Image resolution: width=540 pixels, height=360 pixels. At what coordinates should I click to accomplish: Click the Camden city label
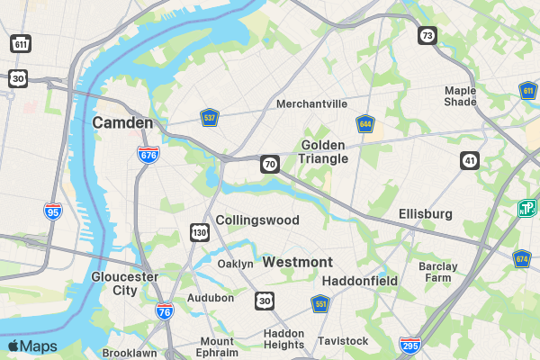click(121, 121)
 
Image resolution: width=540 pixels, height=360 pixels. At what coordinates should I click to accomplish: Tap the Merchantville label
click(311, 103)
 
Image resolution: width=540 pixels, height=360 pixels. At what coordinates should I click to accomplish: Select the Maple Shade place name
click(460, 95)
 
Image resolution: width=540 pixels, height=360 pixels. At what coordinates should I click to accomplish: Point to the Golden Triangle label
click(323, 151)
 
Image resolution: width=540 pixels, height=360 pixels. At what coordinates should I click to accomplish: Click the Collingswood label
click(257, 220)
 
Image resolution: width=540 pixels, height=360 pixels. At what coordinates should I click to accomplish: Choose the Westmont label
click(298, 262)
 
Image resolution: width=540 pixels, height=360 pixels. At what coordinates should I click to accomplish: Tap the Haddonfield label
click(359, 281)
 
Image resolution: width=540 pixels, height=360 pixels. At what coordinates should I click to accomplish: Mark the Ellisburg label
click(426, 213)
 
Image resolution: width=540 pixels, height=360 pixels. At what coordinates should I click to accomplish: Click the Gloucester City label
click(124, 283)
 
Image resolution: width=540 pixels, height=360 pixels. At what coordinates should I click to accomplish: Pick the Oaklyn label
click(236, 264)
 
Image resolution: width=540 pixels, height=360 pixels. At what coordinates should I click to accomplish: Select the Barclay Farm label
click(438, 272)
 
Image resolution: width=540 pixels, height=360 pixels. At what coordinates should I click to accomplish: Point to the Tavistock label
click(343, 341)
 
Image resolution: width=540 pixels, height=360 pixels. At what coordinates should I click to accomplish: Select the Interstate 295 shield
click(409, 344)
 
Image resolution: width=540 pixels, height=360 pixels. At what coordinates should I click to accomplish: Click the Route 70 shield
click(269, 164)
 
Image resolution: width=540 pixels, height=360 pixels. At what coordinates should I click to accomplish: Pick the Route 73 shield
click(427, 35)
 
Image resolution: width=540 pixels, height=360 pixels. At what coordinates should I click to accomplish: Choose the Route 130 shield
click(199, 233)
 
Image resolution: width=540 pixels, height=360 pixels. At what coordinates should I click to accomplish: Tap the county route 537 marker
click(210, 117)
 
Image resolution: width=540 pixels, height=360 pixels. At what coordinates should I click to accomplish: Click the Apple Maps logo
click(32, 346)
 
